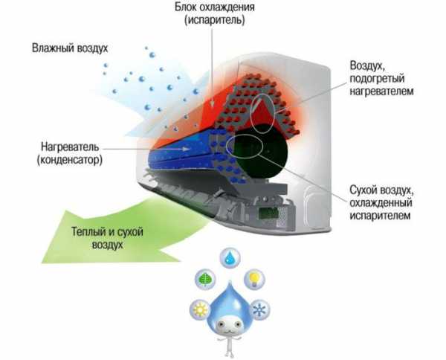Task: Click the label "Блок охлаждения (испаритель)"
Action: (x=215, y=13)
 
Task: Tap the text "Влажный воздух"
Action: (x=70, y=48)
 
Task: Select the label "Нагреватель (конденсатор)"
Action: (x=70, y=154)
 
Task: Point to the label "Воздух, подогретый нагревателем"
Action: (x=381, y=78)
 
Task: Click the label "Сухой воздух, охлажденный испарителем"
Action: (x=381, y=202)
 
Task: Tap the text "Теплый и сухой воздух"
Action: (x=107, y=238)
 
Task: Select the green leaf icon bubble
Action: (x=205, y=279)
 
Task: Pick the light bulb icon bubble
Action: (x=253, y=279)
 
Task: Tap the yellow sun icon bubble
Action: (x=200, y=309)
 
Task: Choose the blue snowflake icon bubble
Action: (x=259, y=309)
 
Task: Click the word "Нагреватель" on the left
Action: (x=71, y=147)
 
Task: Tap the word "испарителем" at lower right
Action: (x=380, y=215)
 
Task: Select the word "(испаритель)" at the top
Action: (x=215, y=20)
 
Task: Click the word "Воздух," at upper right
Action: (x=367, y=65)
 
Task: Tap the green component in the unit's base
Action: (x=268, y=213)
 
